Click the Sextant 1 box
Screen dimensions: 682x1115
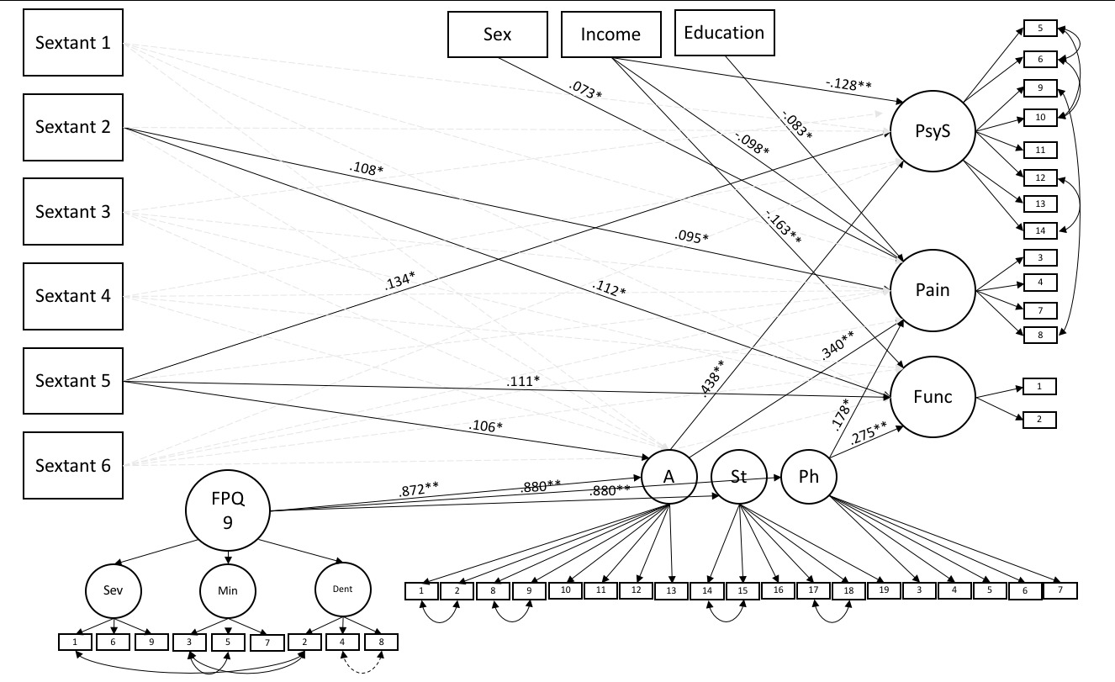(x=72, y=43)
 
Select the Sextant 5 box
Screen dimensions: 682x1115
(x=72, y=380)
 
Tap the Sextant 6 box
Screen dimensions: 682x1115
(x=72, y=465)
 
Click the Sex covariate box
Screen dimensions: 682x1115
(x=497, y=34)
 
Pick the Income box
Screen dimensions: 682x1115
(x=611, y=34)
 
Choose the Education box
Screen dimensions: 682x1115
(x=724, y=34)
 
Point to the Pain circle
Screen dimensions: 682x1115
(x=932, y=290)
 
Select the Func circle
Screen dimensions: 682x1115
(x=932, y=396)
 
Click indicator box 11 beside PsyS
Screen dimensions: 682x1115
(x=1039, y=150)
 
